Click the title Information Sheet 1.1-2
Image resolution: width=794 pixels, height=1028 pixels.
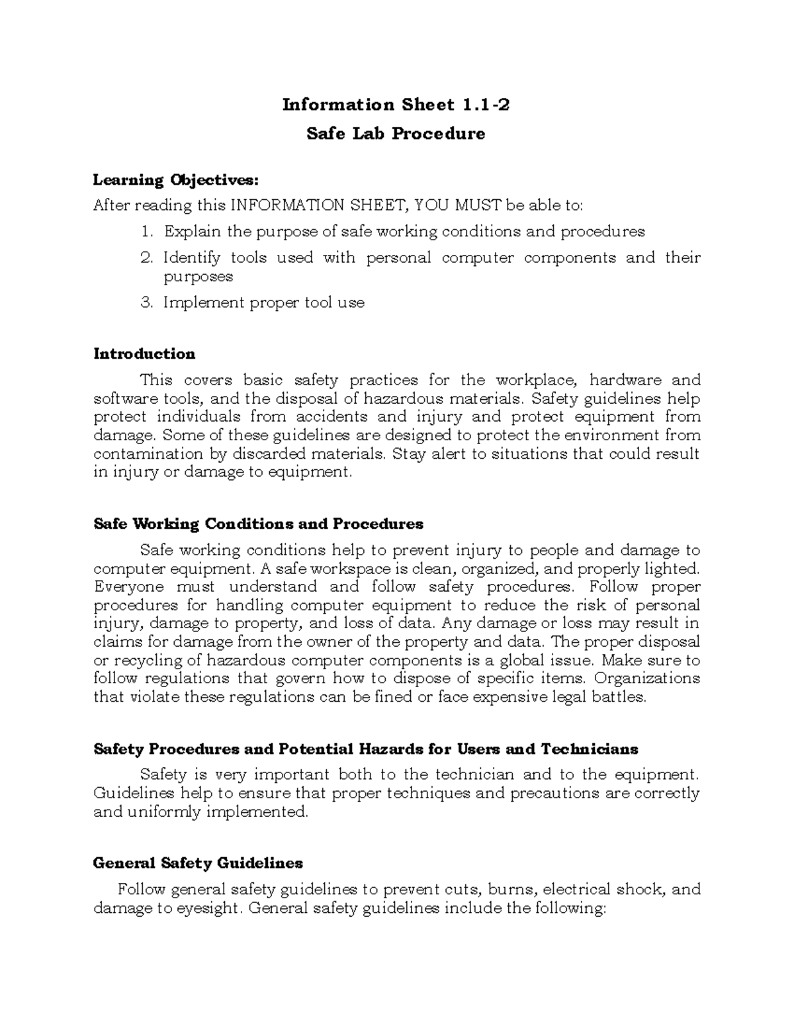(396, 105)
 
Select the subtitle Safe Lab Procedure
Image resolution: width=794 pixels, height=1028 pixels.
(396, 134)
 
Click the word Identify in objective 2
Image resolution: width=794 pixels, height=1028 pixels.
(192, 257)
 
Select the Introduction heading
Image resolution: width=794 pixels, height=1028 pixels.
(144, 353)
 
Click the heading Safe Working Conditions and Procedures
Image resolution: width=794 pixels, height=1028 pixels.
(258, 524)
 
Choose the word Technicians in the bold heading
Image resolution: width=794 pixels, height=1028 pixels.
(589, 749)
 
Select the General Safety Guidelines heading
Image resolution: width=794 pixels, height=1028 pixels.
(198, 863)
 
